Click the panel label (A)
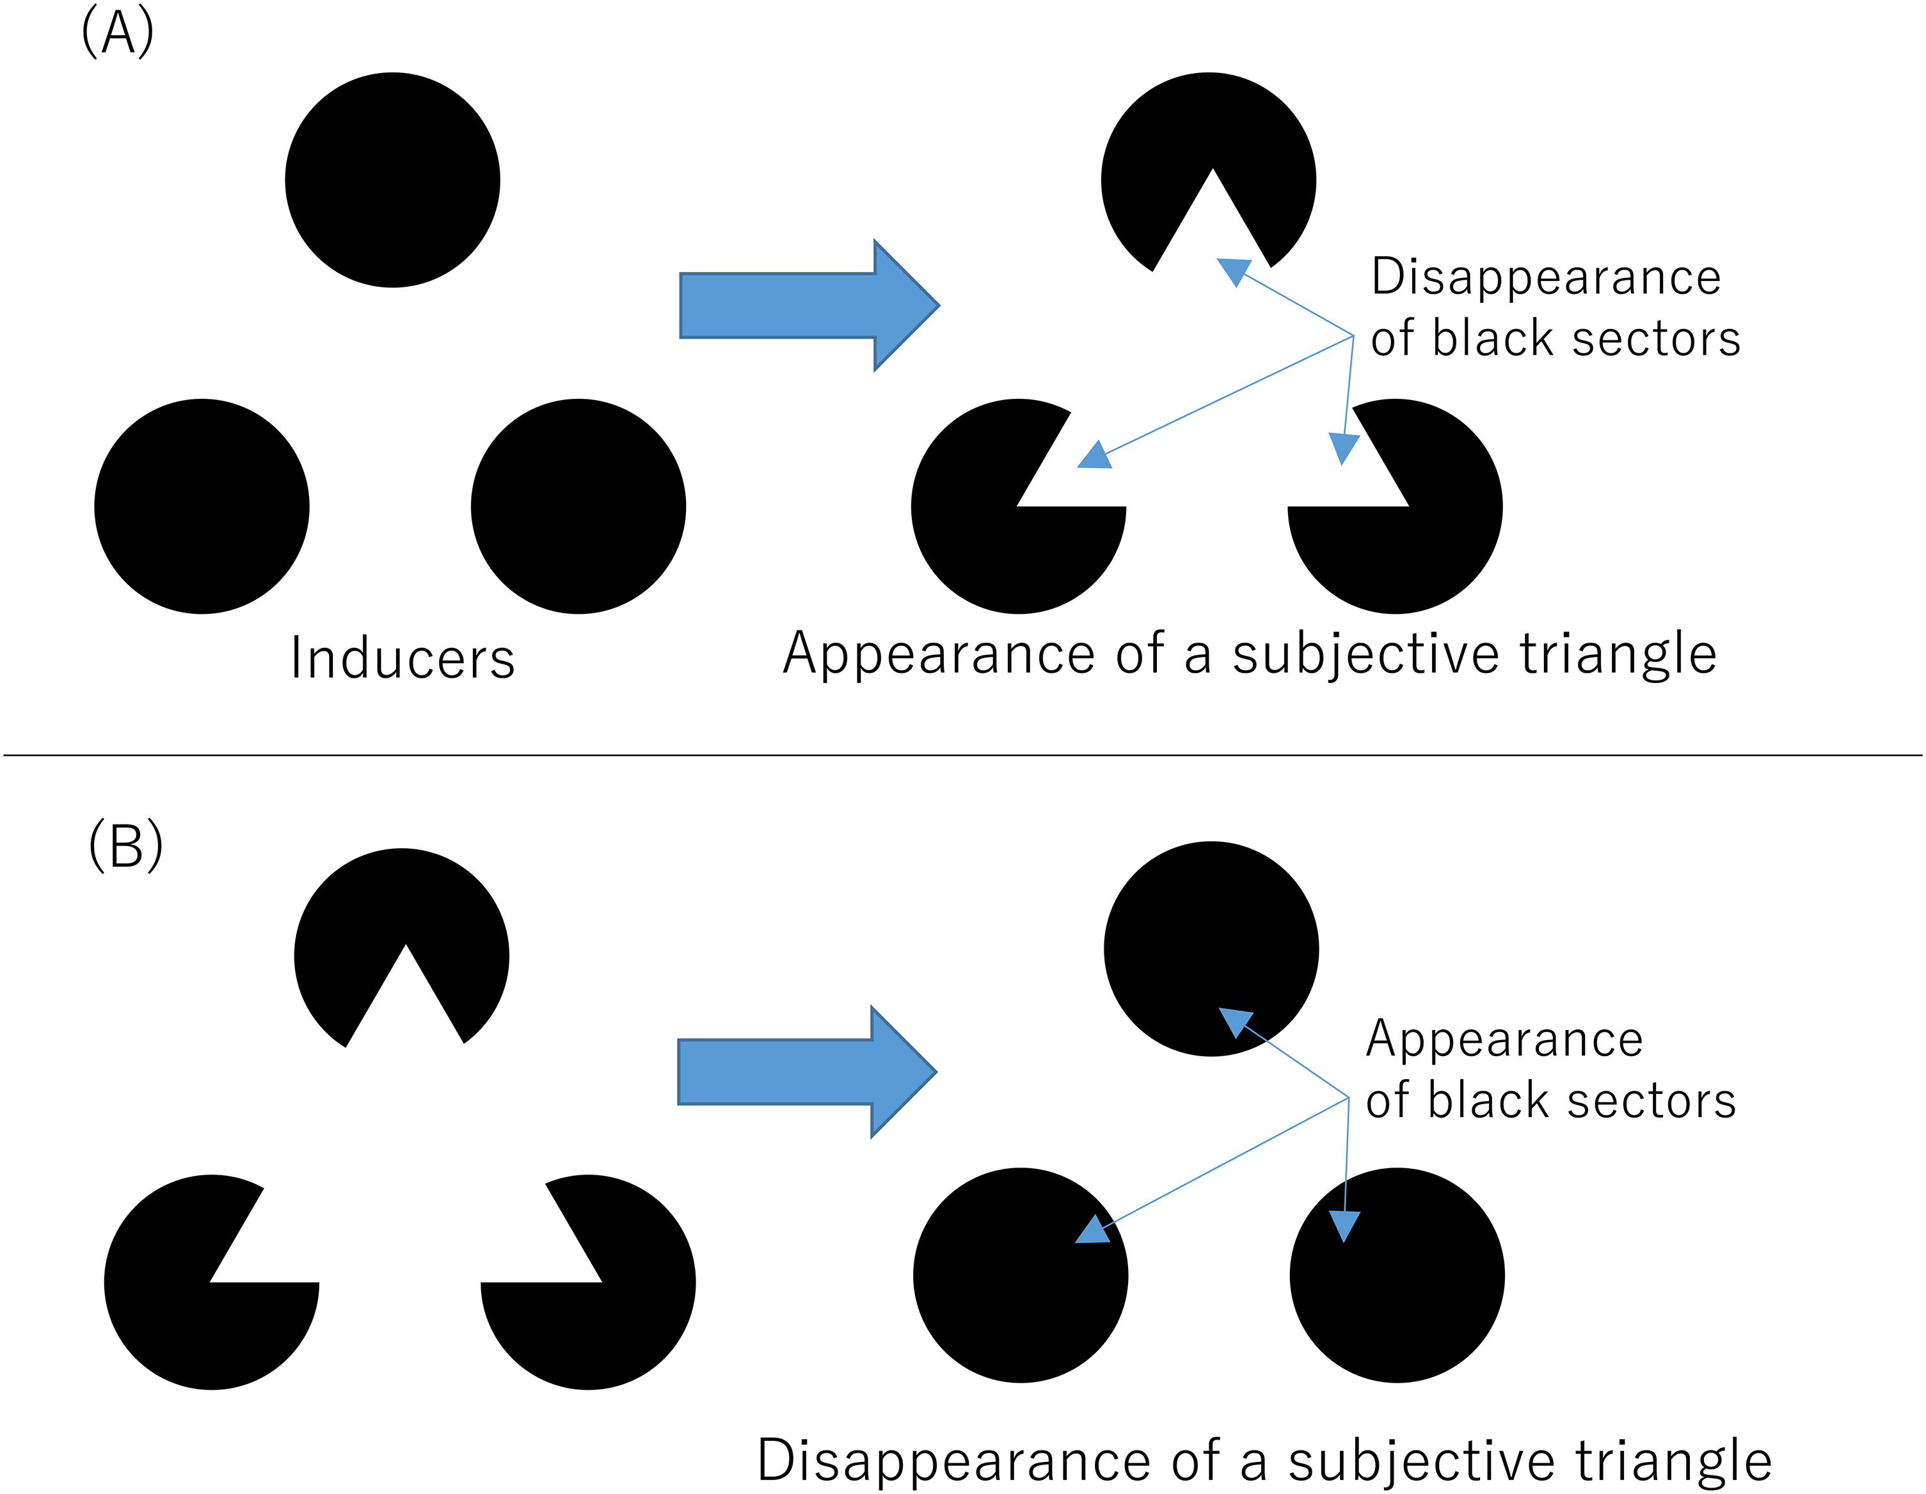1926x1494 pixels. (x=117, y=33)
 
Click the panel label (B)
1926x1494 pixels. (x=125, y=845)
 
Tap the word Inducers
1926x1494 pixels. (x=402, y=658)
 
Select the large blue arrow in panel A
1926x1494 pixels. (x=809, y=305)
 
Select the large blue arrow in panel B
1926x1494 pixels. (x=807, y=1072)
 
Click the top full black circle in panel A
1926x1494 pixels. (x=392, y=180)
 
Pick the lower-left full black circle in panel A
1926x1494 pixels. (x=202, y=506)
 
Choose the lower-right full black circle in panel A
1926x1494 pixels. (x=578, y=506)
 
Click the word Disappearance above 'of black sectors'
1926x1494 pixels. (x=1546, y=277)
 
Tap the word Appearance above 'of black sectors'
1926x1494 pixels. (x=1504, y=1039)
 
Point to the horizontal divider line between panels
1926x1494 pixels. (x=963, y=755)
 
